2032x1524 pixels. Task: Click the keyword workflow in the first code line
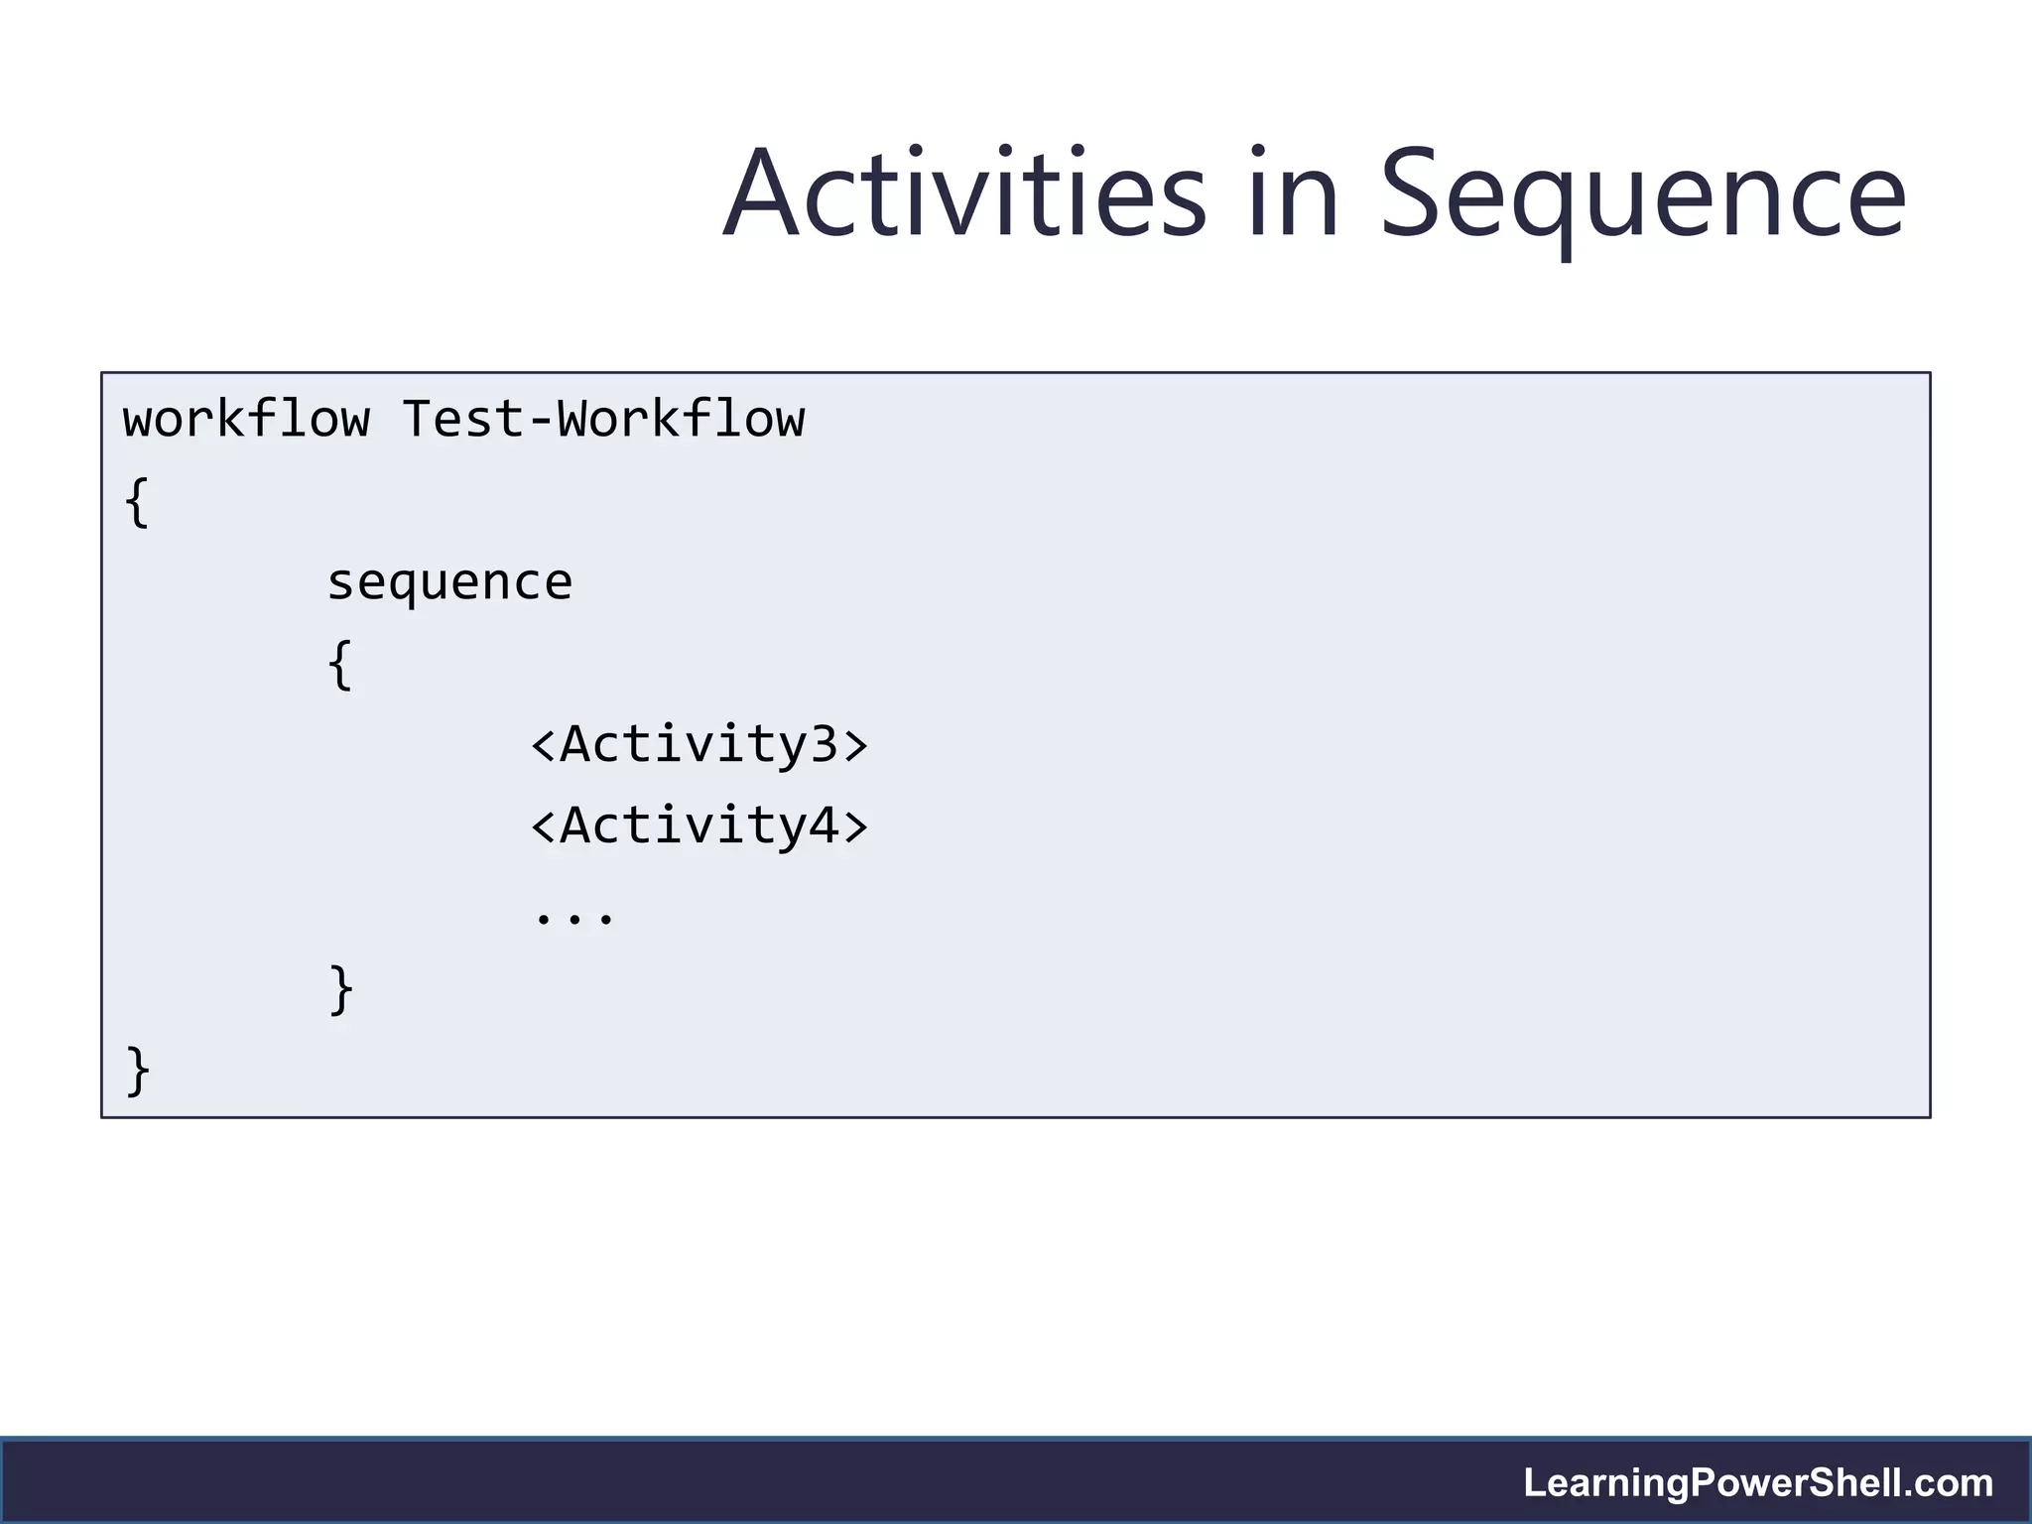pyautogui.click(x=246, y=420)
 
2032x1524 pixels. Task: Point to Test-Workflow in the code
pyautogui.click(x=603, y=420)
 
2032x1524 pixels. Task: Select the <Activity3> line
pyautogui.click(x=699, y=744)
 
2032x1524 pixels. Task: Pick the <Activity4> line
pyautogui.click(x=699, y=825)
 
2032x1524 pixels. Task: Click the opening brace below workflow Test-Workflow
pyautogui.click(x=137, y=502)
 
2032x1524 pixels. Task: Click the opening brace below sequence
pyautogui.click(x=339, y=665)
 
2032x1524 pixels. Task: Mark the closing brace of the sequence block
pyautogui.click(x=339, y=989)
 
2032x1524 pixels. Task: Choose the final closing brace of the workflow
pyautogui.click(x=137, y=1071)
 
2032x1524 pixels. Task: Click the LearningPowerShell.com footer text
pyautogui.click(x=1758, y=1483)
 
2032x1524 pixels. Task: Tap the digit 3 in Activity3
pyautogui.click(x=825, y=744)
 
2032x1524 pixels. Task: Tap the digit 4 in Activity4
pyautogui.click(x=825, y=825)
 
